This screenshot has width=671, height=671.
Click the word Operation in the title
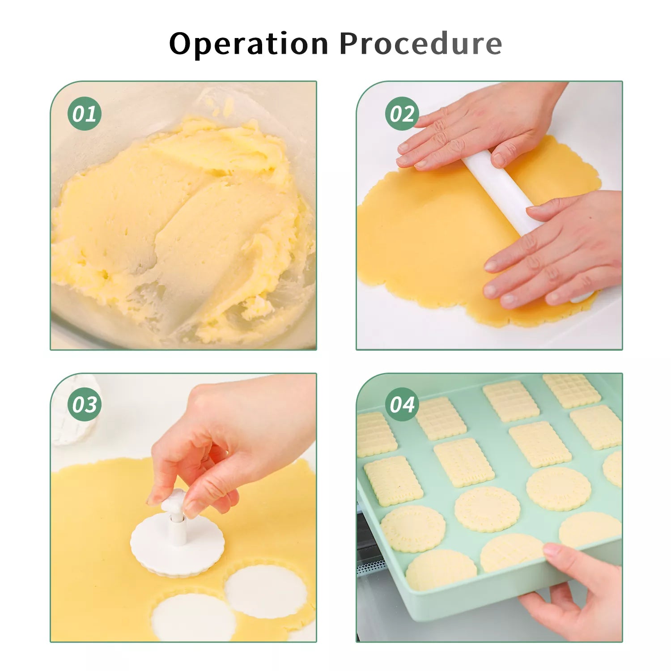click(x=249, y=44)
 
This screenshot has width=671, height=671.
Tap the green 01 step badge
click(x=85, y=114)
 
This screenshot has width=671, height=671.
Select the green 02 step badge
click(x=402, y=114)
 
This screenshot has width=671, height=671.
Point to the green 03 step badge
click(x=85, y=404)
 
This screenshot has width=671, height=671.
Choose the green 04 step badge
click(x=402, y=404)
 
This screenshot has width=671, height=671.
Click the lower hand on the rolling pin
click(x=555, y=251)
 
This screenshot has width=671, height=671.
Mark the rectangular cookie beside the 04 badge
click(x=441, y=418)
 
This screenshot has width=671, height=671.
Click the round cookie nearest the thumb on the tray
click(x=512, y=553)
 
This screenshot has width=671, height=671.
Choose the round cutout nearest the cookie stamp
click(x=266, y=591)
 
